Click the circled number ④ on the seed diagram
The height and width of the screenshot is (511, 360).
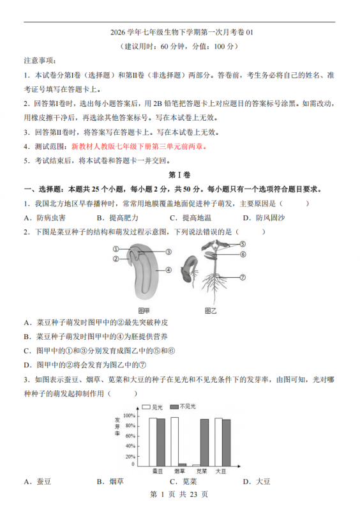(x=169, y=270)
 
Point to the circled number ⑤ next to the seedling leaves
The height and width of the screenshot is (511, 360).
(x=243, y=244)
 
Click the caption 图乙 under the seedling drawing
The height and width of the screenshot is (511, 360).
(x=210, y=310)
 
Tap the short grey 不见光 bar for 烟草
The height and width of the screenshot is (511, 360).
(x=183, y=464)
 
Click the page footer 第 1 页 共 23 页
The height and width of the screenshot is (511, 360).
(x=179, y=494)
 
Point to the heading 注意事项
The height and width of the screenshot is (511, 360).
(x=41, y=61)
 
